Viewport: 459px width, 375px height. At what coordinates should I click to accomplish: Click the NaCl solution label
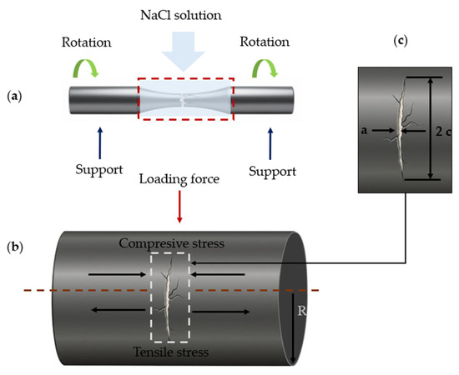pyautogui.click(x=181, y=15)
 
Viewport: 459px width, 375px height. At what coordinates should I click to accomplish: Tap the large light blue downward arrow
pyautogui.click(x=184, y=52)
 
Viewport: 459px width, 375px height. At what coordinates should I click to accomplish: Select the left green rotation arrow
pyautogui.click(x=86, y=67)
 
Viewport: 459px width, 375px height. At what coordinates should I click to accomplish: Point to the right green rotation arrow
pyautogui.click(x=265, y=67)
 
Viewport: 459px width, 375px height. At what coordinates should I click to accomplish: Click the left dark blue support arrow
pyautogui.click(x=100, y=143)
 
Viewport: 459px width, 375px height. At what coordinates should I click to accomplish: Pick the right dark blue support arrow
pyautogui.click(x=270, y=143)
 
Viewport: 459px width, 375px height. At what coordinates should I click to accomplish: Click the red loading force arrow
pyautogui.click(x=179, y=207)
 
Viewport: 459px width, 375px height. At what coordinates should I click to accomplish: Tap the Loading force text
pyautogui.click(x=179, y=179)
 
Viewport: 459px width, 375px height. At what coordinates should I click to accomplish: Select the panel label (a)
pyautogui.click(x=14, y=97)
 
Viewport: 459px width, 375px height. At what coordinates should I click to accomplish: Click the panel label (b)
pyautogui.click(x=15, y=247)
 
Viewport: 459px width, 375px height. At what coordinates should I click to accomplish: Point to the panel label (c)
pyautogui.click(x=401, y=41)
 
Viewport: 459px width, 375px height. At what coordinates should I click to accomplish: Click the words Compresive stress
pyautogui.click(x=172, y=243)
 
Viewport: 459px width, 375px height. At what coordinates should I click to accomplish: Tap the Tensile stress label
pyautogui.click(x=171, y=352)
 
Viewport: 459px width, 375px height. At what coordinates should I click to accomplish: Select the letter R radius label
pyautogui.click(x=302, y=311)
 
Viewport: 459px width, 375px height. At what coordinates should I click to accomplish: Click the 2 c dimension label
pyautogui.click(x=443, y=132)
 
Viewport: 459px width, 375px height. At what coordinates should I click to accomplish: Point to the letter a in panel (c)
pyautogui.click(x=364, y=130)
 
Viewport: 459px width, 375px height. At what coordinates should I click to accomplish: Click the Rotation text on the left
pyautogui.click(x=86, y=42)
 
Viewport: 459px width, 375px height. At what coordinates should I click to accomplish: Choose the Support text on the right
pyautogui.click(x=273, y=172)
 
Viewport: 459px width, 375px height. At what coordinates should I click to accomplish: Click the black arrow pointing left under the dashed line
pyautogui.click(x=119, y=309)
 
